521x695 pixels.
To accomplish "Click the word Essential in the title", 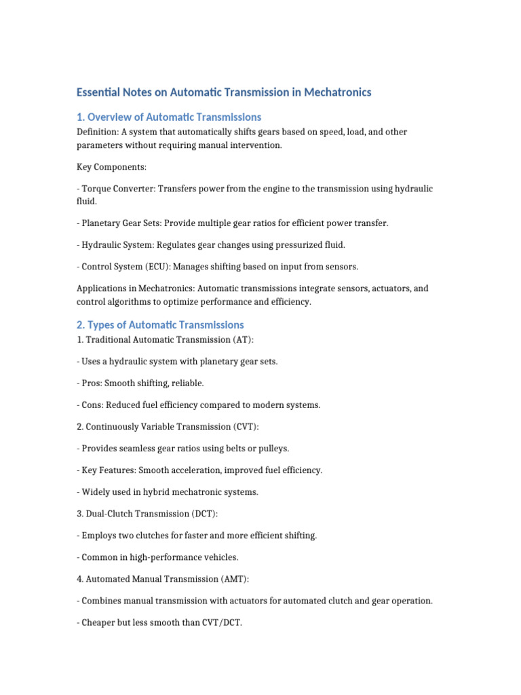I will pyautogui.click(x=98, y=92).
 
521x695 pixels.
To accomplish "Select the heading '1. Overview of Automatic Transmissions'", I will pyautogui.click(x=169, y=117).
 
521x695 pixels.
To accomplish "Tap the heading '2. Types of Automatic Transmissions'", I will pyautogui.click(x=160, y=324).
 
